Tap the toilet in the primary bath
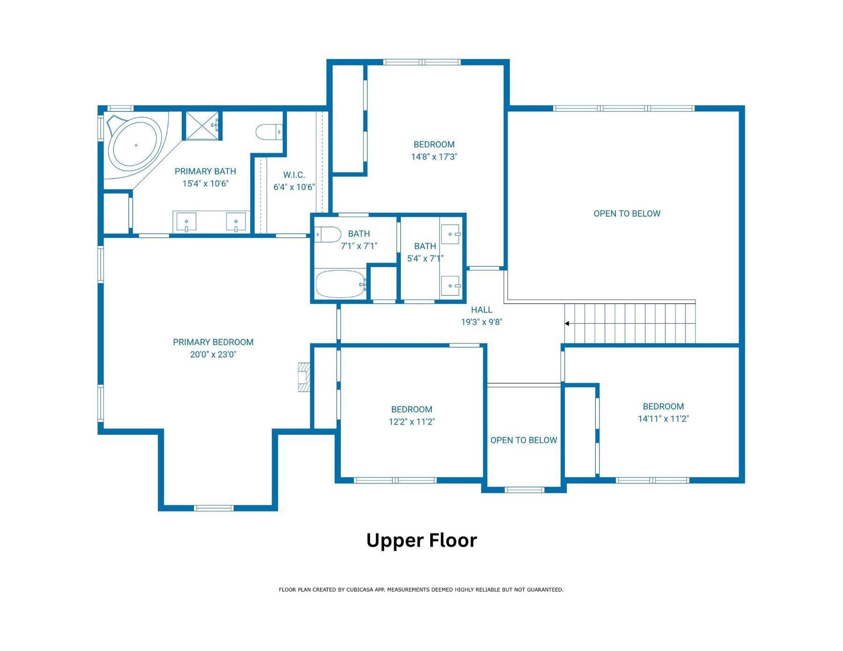tap(269, 132)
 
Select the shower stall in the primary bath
tap(201, 125)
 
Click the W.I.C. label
tap(294, 175)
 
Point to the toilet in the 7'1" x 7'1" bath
tap(327, 234)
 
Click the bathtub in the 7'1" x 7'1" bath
tap(340, 284)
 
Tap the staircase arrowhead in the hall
tap(567, 323)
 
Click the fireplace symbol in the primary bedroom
tap(304, 377)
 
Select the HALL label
tap(481, 310)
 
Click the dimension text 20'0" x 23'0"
tap(213, 355)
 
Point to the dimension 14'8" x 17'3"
tap(434, 157)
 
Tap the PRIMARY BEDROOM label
tap(213, 342)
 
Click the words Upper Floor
tap(421, 541)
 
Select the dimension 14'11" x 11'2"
tap(663, 419)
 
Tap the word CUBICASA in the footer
tap(360, 590)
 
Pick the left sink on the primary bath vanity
tap(186, 221)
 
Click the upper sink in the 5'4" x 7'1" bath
tap(451, 234)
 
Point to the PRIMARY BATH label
tap(205, 171)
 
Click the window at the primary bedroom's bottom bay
tap(214, 508)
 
